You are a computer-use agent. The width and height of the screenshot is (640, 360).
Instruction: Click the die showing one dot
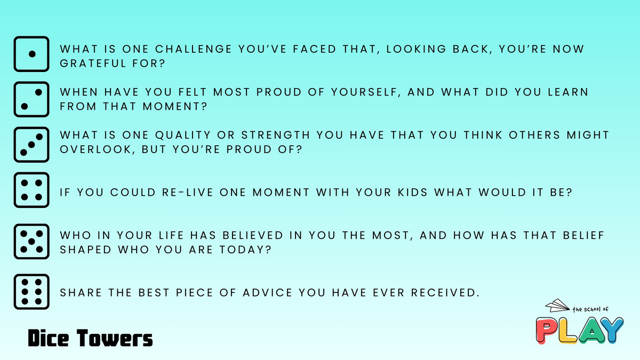pyautogui.click(x=31, y=54)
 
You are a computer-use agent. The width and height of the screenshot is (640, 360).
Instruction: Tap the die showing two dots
pyautogui.click(x=31, y=99)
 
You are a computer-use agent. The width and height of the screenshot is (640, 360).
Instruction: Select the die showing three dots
pyautogui.click(x=31, y=145)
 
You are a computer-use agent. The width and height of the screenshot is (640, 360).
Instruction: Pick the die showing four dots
pyautogui.click(x=31, y=190)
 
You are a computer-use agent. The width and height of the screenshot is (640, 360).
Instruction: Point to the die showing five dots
pyautogui.click(x=31, y=242)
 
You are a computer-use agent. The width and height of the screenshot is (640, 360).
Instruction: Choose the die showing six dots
pyautogui.click(x=31, y=292)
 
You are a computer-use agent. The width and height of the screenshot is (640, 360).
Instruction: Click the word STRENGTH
pyautogui.click(x=276, y=135)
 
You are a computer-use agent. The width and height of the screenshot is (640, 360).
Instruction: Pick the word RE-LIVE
pyautogui.click(x=187, y=193)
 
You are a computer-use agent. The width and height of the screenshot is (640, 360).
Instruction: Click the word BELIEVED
pyautogui.click(x=253, y=235)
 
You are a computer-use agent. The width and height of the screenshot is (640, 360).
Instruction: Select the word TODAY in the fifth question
pyautogui.click(x=245, y=250)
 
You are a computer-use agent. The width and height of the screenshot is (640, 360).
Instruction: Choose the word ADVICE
pyautogui.click(x=268, y=293)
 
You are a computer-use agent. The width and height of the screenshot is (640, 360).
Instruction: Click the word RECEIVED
pyautogui.click(x=445, y=293)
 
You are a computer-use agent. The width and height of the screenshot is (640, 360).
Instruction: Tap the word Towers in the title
pyautogui.click(x=115, y=338)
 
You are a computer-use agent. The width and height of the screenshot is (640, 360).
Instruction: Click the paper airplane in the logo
pyautogui.click(x=557, y=306)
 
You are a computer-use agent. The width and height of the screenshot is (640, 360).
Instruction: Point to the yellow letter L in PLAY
pyautogui.click(x=567, y=331)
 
